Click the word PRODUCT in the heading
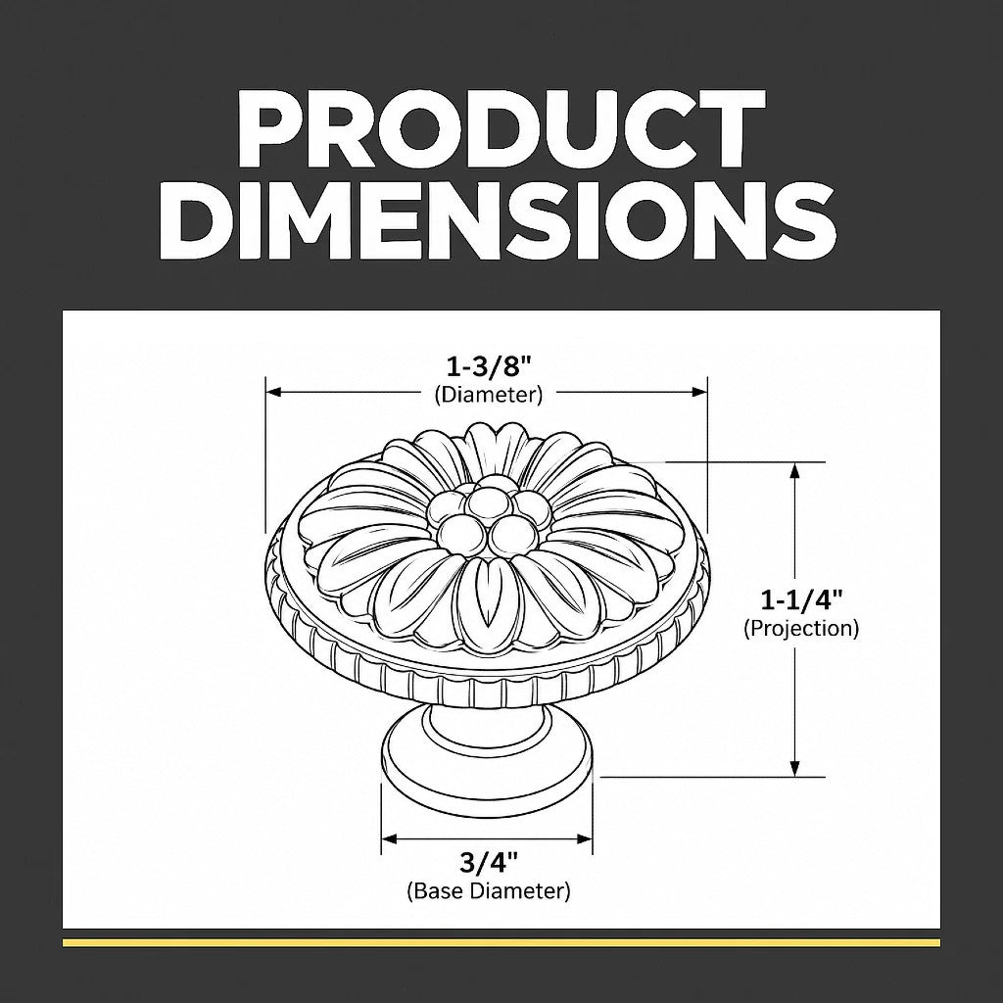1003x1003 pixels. tap(501, 128)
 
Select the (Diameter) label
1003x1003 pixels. tap(488, 394)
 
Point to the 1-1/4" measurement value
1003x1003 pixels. tap(801, 599)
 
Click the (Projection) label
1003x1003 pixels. tap(801, 628)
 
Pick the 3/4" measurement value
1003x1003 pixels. tap(488, 863)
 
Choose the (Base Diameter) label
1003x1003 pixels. tap(488, 890)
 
